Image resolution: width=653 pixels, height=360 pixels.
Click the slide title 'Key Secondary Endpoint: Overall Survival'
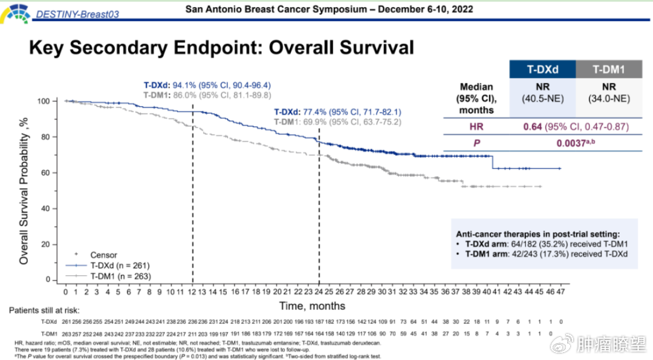(x=221, y=48)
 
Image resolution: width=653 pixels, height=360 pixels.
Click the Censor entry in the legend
(x=103, y=255)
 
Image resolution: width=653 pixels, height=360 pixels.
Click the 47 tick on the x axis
(x=560, y=292)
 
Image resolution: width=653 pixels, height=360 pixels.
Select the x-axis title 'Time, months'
(x=312, y=306)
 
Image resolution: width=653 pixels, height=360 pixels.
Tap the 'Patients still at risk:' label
(x=44, y=310)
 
